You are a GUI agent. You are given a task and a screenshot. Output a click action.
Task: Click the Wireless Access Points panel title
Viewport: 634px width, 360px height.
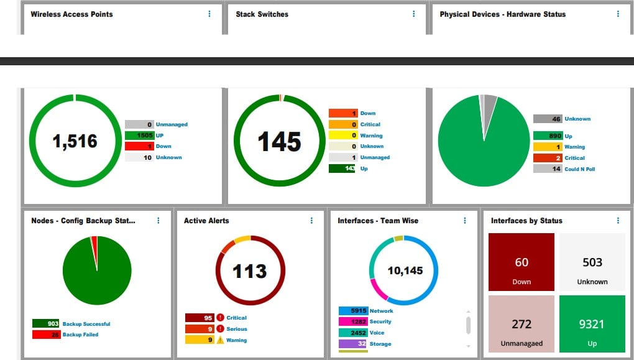click(x=71, y=14)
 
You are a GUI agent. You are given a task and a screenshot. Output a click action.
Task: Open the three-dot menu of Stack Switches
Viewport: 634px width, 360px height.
click(x=414, y=14)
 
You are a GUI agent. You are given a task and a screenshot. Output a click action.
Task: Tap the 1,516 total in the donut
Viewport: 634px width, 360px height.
click(x=75, y=141)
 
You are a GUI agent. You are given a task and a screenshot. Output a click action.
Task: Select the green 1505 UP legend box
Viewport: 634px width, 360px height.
click(x=139, y=136)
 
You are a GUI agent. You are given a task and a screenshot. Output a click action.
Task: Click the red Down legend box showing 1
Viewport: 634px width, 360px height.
click(x=139, y=146)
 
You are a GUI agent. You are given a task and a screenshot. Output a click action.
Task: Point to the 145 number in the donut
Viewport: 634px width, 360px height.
click(x=279, y=141)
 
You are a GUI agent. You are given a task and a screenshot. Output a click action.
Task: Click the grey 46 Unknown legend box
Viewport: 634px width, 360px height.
click(x=548, y=119)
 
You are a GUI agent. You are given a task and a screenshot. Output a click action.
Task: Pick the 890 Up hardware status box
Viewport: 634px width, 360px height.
click(x=548, y=136)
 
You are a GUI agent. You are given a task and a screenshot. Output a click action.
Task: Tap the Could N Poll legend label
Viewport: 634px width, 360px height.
click(x=579, y=169)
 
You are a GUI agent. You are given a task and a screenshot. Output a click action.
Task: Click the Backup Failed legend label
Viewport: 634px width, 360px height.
click(x=80, y=335)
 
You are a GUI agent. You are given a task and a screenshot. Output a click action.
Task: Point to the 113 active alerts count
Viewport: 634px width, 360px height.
click(x=249, y=271)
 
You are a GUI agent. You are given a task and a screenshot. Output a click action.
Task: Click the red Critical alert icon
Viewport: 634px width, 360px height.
click(x=220, y=318)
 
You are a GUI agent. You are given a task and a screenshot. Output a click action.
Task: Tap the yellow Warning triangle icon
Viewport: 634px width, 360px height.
click(x=220, y=340)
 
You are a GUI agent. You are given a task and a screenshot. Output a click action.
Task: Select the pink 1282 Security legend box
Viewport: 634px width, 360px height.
click(x=352, y=321)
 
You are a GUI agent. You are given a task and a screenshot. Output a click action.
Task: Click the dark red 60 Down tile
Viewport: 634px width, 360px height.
click(x=521, y=262)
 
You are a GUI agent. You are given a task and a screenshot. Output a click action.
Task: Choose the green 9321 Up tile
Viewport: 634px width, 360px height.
click(x=592, y=323)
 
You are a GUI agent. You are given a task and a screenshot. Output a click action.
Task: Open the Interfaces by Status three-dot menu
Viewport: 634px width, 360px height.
click(x=618, y=221)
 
